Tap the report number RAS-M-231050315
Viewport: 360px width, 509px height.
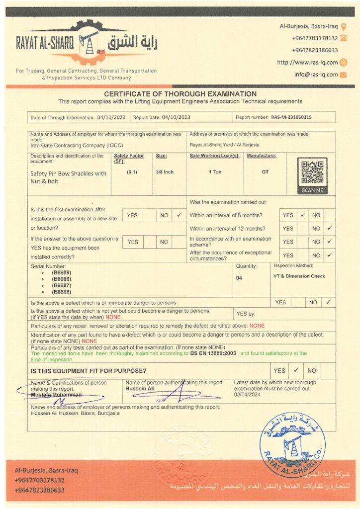click(292, 117)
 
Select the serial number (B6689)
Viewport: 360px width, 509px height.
click(61, 273)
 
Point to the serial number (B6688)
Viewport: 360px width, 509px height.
click(61, 292)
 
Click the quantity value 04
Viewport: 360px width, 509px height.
click(239, 278)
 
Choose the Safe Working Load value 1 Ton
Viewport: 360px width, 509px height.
click(215, 172)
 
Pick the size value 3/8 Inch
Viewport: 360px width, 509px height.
click(165, 172)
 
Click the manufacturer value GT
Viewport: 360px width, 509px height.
click(265, 172)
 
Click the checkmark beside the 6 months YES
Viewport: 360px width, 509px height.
click(302, 215)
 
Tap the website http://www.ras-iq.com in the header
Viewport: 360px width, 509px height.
click(307, 62)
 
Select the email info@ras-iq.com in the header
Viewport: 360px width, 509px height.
click(316, 75)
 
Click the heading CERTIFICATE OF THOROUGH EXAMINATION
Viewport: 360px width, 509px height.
click(180, 94)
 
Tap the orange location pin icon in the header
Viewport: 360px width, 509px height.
click(344, 26)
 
